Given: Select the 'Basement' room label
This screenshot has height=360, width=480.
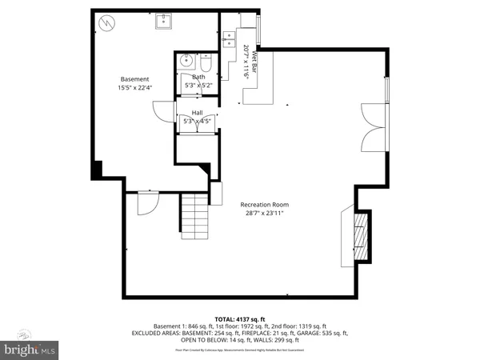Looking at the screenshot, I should pyautogui.click(x=134, y=78).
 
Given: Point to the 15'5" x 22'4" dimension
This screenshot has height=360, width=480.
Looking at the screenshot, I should pyautogui.click(x=134, y=87).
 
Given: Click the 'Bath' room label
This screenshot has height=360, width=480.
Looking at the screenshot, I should pyautogui.click(x=198, y=77).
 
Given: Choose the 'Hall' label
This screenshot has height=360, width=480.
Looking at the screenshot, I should pyautogui.click(x=196, y=113).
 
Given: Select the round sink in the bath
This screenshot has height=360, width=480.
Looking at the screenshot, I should pyautogui.click(x=186, y=59).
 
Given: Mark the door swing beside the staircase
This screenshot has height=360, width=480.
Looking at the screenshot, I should pyautogui.click(x=146, y=204).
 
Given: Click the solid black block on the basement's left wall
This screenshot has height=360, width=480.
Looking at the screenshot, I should pyautogui.click(x=98, y=170).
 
